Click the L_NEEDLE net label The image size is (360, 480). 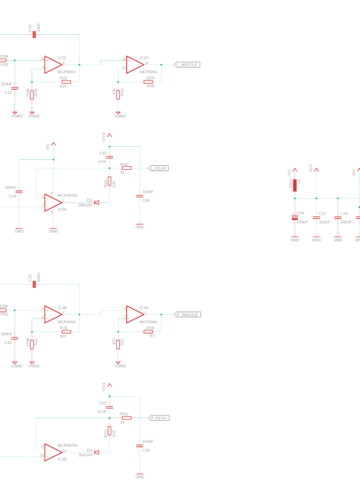187,65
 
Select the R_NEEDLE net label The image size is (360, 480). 187,315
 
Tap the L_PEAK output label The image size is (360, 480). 159,168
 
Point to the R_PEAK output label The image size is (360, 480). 159,418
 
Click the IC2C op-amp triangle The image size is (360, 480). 53,64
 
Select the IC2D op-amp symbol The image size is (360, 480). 134,64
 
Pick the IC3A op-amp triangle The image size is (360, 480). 53,203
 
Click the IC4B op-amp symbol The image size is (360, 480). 53,315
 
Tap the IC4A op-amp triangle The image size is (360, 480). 134,315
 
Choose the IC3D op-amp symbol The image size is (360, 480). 53,452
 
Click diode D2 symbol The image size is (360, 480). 97,202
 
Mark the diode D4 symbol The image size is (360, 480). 97,452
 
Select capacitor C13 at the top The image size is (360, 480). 34,35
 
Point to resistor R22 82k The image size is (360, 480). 66,82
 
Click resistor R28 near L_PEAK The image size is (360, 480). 127,168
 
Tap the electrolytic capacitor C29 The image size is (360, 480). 295,217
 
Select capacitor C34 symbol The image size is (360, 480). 139,196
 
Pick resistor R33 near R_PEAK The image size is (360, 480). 127,418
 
